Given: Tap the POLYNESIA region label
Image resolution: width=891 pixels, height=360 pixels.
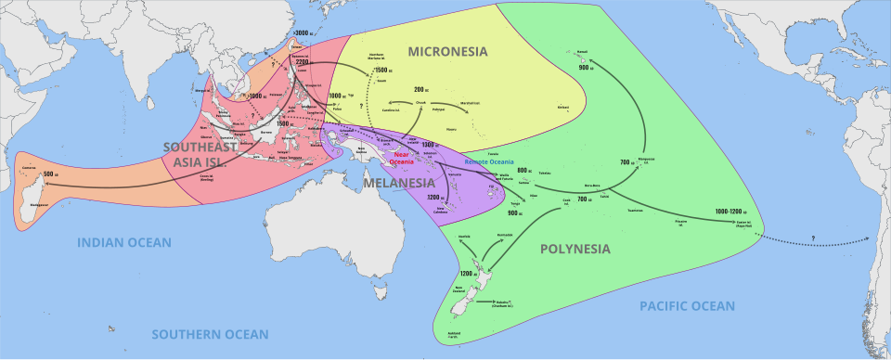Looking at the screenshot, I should (x=575, y=249).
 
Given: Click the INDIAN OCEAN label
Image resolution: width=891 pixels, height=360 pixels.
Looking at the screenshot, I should (x=123, y=242).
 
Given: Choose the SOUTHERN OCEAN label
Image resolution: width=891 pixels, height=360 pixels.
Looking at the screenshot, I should (x=212, y=333).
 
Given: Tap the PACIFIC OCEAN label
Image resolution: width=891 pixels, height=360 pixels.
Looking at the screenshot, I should (x=687, y=305).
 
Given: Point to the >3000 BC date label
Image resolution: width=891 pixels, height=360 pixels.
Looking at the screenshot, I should (x=300, y=33).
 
